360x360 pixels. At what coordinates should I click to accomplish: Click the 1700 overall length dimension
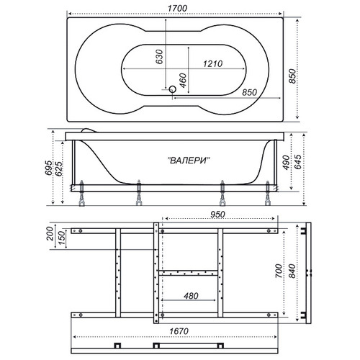click(x=177, y=9)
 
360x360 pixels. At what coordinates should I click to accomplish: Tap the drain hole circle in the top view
click(x=172, y=89)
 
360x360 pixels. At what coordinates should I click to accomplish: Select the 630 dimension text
click(x=159, y=57)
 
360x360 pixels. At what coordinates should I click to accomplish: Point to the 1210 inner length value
click(x=212, y=64)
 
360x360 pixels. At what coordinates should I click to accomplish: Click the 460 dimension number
click(x=183, y=81)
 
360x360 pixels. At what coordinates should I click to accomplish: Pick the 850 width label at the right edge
click(x=292, y=76)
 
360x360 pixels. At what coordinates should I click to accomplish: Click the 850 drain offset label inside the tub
click(x=249, y=92)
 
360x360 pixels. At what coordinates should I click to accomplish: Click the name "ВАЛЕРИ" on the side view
click(x=189, y=161)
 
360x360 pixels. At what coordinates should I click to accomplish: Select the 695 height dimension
click(x=48, y=168)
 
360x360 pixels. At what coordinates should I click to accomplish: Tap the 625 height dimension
click(x=58, y=169)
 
